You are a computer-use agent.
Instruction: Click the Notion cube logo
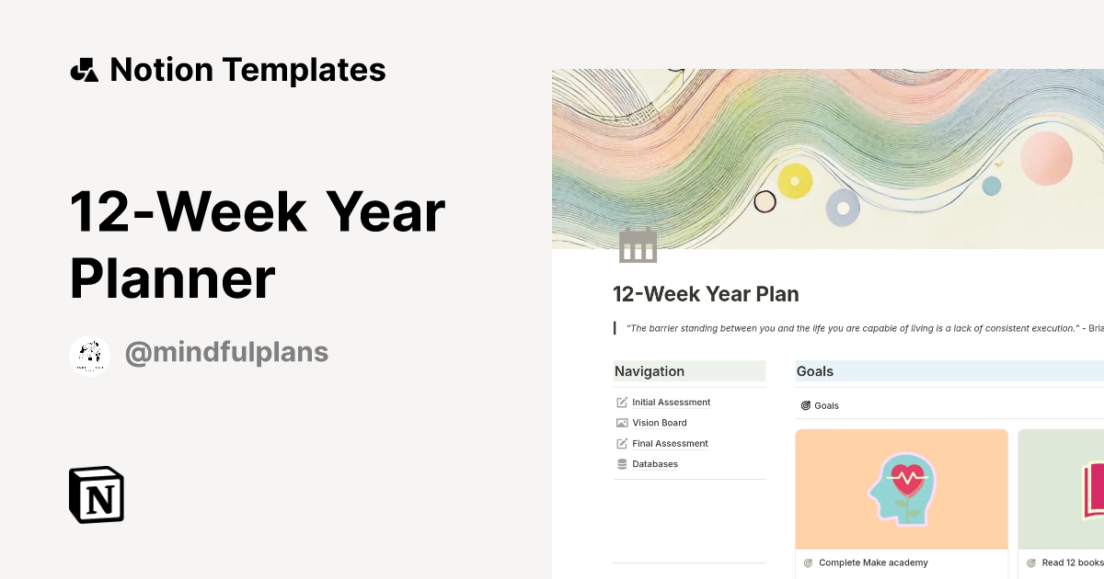click(x=97, y=494)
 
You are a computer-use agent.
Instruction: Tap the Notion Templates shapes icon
click(x=84, y=70)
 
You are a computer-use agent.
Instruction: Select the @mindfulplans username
click(x=226, y=353)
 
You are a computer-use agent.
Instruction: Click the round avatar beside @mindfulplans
click(x=90, y=356)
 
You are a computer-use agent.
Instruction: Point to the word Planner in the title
click(x=173, y=278)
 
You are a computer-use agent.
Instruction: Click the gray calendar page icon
click(x=638, y=245)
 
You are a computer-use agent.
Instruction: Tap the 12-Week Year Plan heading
click(x=706, y=294)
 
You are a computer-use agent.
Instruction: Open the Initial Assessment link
click(x=671, y=403)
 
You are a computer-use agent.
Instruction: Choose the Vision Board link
click(x=659, y=423)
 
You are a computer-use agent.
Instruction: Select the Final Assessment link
click(x=670, y=444)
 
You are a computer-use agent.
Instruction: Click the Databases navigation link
click(x=654, y=464)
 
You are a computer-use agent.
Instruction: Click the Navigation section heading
click(x=650, y=371)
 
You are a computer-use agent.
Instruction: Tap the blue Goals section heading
click(x=815, y=371)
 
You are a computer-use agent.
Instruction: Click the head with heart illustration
click(x=901, y=488)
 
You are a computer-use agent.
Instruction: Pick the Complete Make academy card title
click(x=873, y=562)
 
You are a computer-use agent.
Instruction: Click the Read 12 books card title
click(x=1072, y=562)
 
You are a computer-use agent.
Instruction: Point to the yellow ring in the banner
click(x=795, y=181)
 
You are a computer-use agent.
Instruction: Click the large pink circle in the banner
click(x=1046, y=159)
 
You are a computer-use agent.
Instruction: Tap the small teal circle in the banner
click(x=991, y=186)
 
